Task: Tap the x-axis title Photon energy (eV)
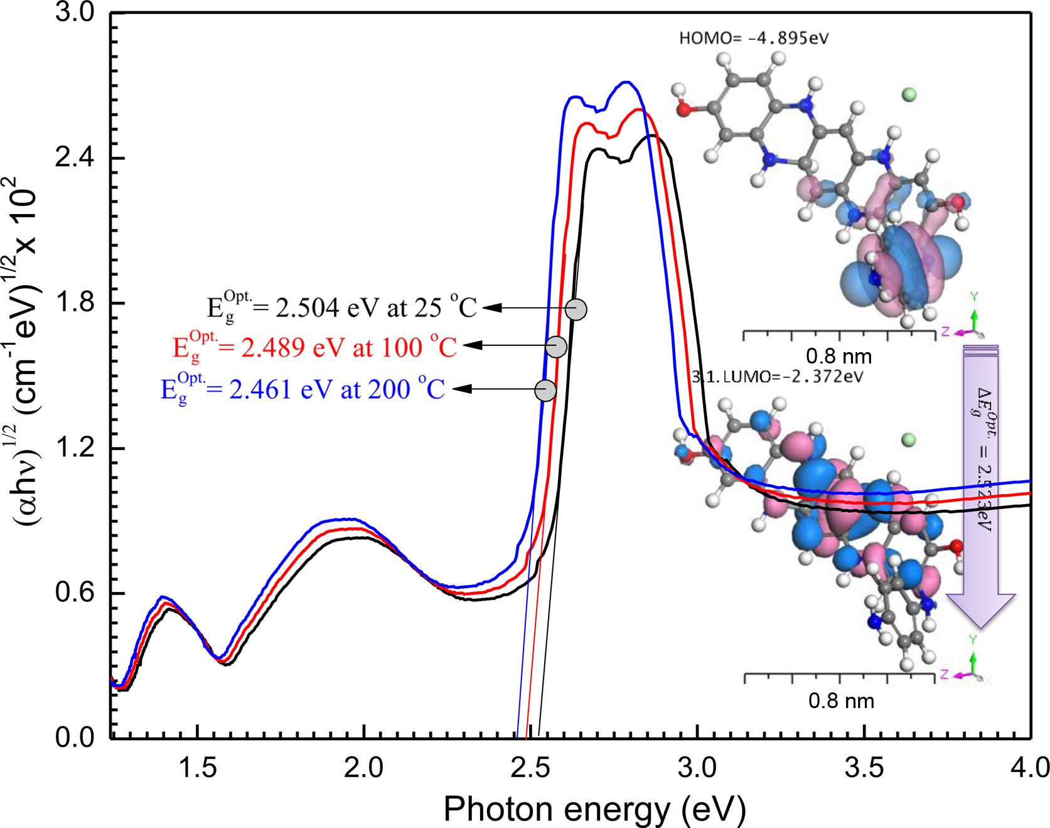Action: pyautogui.click(x=594, y=809)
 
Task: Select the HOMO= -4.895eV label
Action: pyautogui.click(x=753, y=38)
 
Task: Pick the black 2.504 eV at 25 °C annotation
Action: pyautogui.click(x=342, y=308)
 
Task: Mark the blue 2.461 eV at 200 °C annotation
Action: pyautogui.click(x=303, y=389)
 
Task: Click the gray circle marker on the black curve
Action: pyautogui.click(x=576, y=309)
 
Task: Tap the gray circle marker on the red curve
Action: pyautogui.click(x=556, y=347)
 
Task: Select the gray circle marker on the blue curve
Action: pyautogui.click(x=545, y=390)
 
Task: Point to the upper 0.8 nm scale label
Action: pyautogui.click(x=838, y=357)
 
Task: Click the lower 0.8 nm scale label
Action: pyautogui.click(x=841, y=701)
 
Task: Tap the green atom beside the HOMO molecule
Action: pyautogui.click(x=908, y=95)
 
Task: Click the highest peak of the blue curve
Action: pyautogui.click(x=624, y=82)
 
